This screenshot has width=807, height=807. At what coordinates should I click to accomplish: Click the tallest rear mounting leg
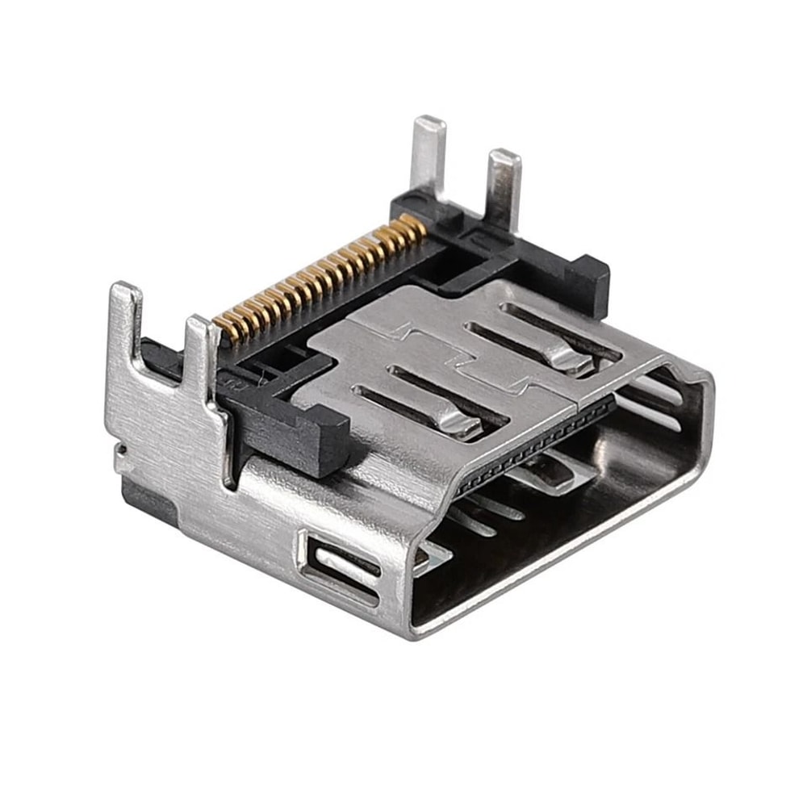[x=428, y=157]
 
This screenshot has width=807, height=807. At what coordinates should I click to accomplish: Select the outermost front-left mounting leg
[x=125, y=323]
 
